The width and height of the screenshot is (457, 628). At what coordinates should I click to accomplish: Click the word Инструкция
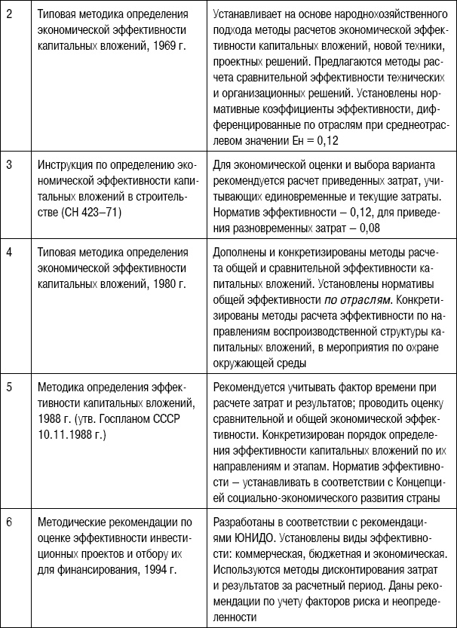67,163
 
